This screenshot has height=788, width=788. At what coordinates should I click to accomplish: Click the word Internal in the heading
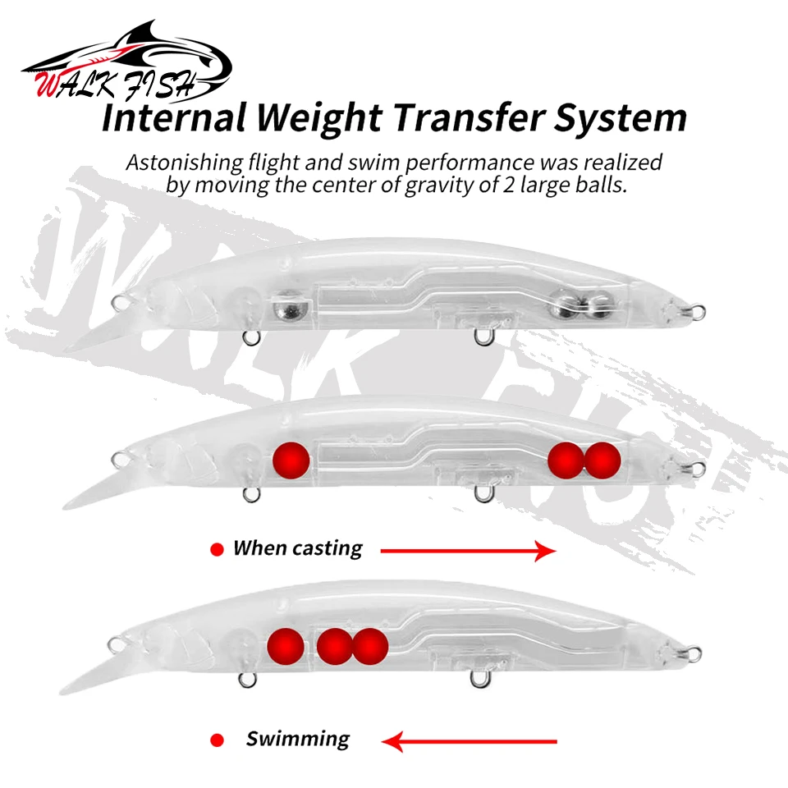174,117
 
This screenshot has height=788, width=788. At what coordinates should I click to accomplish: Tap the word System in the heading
621,118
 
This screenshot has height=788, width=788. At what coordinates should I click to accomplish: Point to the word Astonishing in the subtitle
185,163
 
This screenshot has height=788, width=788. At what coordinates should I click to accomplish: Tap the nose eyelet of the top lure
119,303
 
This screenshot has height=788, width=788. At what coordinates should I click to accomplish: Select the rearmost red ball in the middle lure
602,460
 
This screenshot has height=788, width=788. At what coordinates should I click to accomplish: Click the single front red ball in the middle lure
291,460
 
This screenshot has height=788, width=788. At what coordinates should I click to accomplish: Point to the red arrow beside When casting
469,551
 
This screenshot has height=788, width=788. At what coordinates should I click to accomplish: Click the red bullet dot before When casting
217,550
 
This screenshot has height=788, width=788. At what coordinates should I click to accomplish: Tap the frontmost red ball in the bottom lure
286,646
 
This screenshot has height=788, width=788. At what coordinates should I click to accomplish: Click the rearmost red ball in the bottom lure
370,646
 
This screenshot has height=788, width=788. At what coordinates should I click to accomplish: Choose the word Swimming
297,740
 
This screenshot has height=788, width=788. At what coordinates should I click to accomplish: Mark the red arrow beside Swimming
470,741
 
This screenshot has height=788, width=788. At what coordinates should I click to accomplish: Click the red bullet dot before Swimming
217,740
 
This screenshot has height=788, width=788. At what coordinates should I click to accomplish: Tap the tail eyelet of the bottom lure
694,654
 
